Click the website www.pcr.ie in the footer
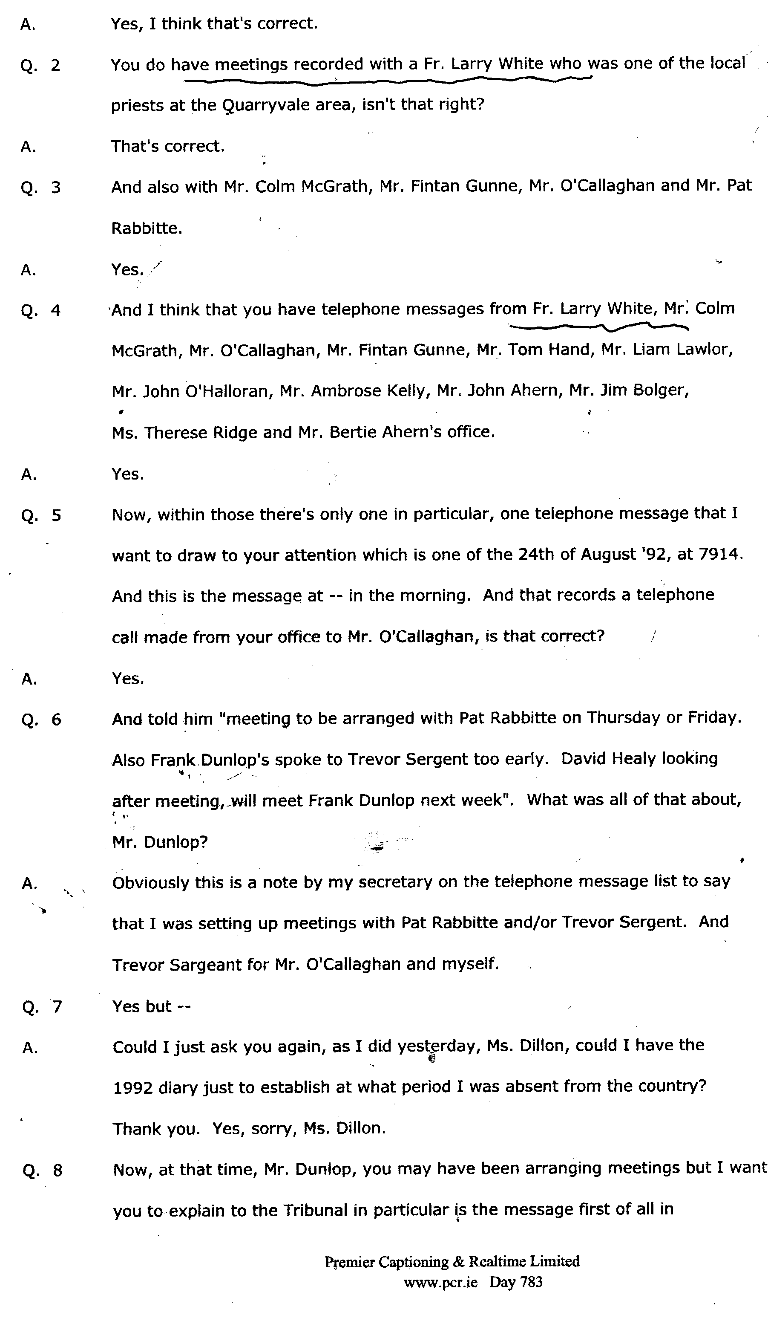(440, 1282)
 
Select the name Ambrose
(345, 391)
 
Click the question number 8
(58, 1171)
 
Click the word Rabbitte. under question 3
(147, 228)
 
